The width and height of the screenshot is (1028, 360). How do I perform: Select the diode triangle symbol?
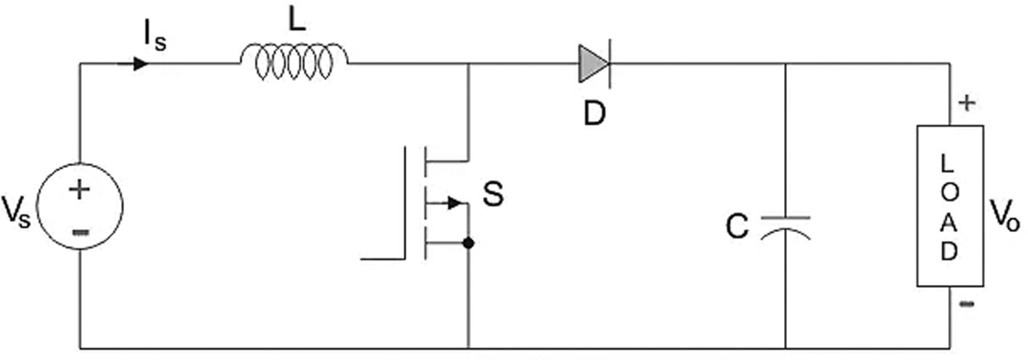(x=593, y=64)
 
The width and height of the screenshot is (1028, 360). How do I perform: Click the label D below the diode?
(x=594, y=115)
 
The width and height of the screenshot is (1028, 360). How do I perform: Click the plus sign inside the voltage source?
(x=80, y=191)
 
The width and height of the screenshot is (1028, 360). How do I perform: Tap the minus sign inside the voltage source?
(x=80, y=231)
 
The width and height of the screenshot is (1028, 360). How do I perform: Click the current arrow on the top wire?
(x=139, y=64)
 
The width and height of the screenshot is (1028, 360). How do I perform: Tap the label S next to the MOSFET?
(x=493, y=195)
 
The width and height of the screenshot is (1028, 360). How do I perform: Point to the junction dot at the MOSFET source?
(x=468, y=244)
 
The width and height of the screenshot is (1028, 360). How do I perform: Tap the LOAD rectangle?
(x=950, y=206)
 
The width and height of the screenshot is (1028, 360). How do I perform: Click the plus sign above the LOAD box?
(x=966, y=103)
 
